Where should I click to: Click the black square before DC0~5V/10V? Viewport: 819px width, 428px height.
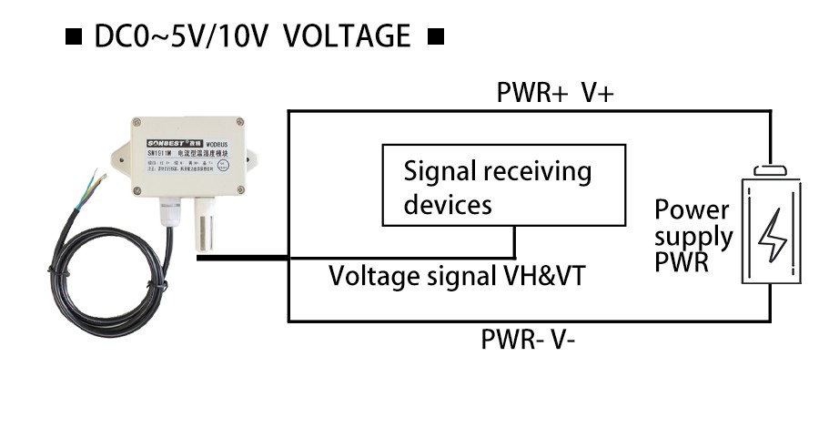pos(74,38)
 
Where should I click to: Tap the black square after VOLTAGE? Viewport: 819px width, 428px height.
pos(435,38)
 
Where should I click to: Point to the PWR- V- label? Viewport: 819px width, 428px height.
pos(528,341)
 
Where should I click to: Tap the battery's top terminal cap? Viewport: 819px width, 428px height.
pos(771,169)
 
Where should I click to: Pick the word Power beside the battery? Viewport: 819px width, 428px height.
pos(692,210)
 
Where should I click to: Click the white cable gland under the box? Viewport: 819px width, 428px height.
pos(169,214)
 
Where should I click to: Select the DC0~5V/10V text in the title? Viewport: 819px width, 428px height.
pos(182,37)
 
